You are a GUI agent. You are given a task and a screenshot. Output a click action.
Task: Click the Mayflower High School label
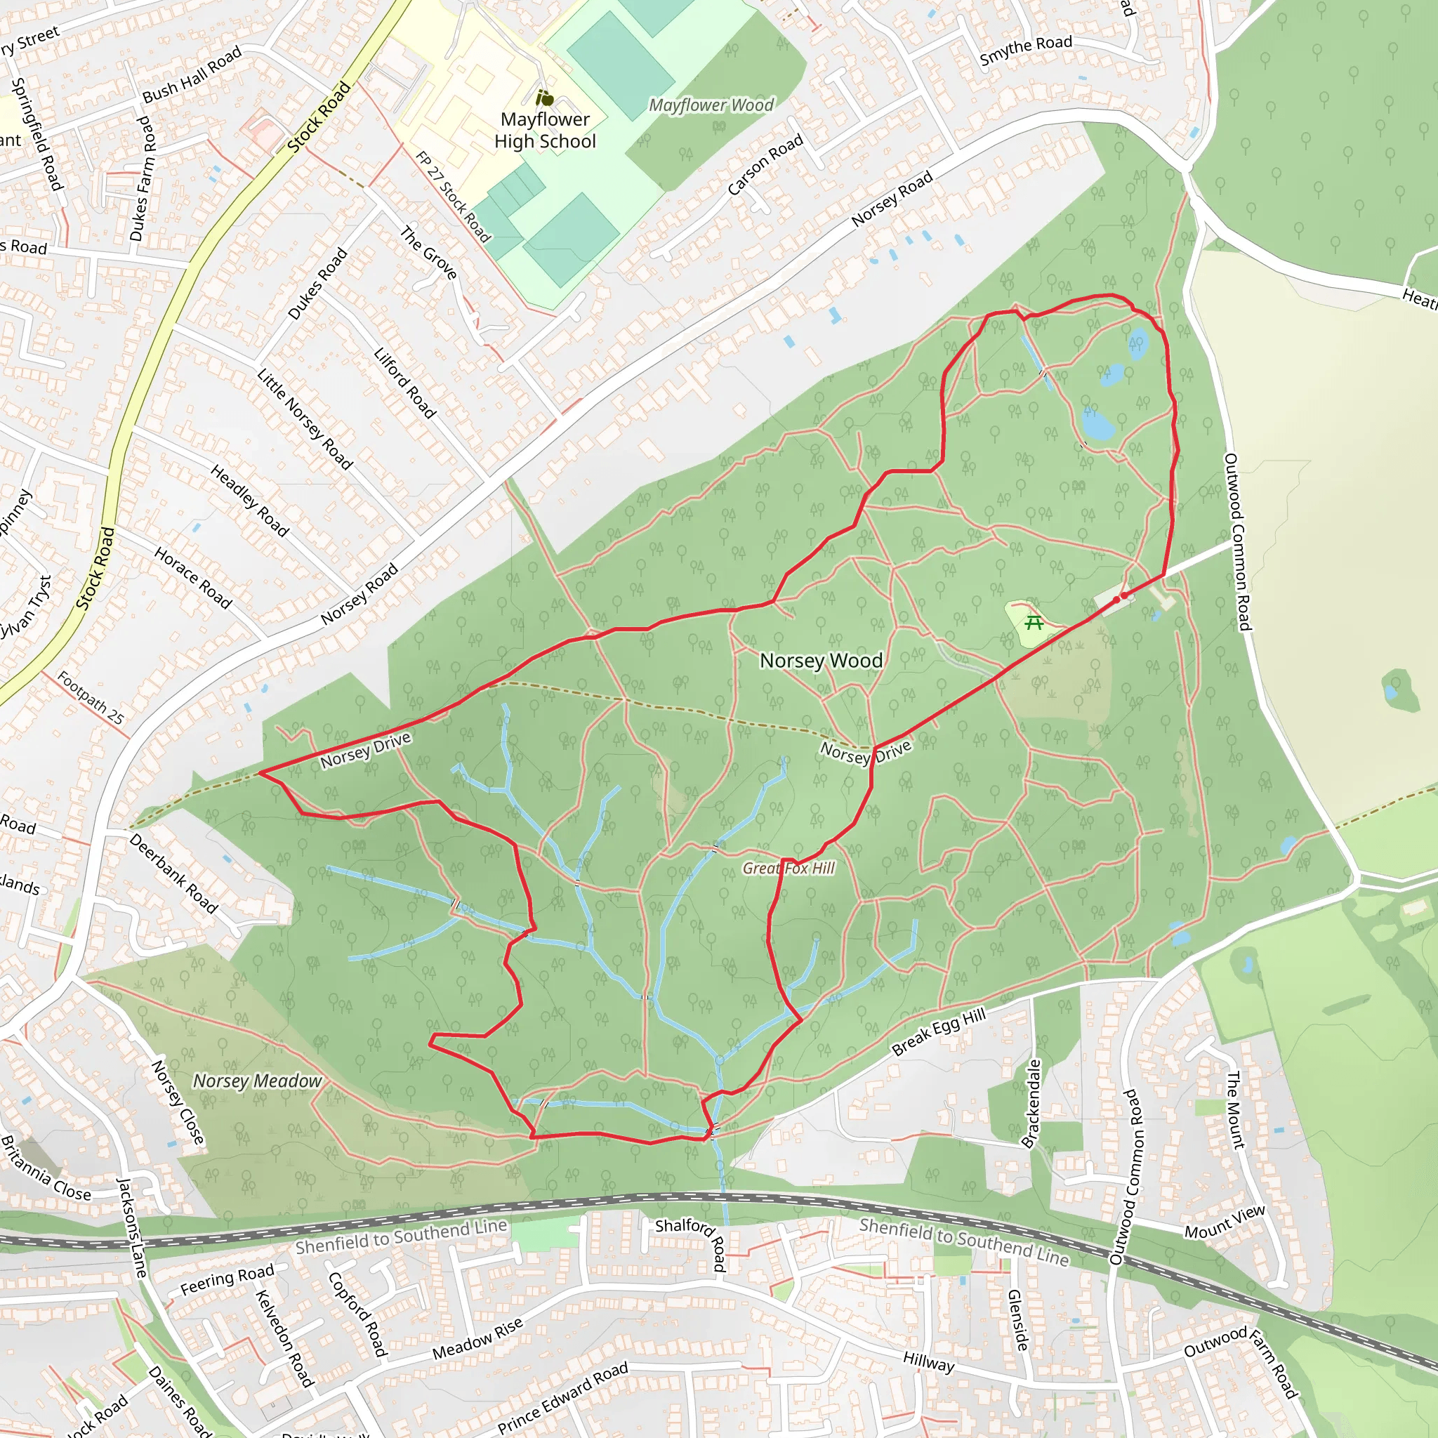point(545,131)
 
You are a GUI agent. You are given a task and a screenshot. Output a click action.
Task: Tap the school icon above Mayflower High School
point(545,98)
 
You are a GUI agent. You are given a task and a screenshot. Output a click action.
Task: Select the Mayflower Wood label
point(711,105)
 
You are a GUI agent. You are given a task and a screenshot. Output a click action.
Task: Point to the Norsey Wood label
point(821,660)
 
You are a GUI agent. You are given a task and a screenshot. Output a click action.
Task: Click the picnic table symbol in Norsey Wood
point(1034,621)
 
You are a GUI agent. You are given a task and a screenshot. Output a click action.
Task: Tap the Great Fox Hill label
point(789,868)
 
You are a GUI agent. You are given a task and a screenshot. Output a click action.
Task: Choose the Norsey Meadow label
point(258,1081)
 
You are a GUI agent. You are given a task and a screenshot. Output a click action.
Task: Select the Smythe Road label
point(1026,50)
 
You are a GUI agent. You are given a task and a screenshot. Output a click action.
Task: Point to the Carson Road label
point(765,164)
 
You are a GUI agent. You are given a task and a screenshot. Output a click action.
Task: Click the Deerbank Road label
point(173,873)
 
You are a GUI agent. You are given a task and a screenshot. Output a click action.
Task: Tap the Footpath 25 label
point(90,697)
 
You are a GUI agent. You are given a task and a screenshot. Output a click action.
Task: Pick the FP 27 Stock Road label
point(454,197)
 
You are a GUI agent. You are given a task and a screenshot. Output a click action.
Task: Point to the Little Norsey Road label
point(305,418)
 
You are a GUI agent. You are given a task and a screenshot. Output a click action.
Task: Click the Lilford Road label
point(404,382)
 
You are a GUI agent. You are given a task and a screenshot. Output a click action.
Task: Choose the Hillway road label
point(928,1361)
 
